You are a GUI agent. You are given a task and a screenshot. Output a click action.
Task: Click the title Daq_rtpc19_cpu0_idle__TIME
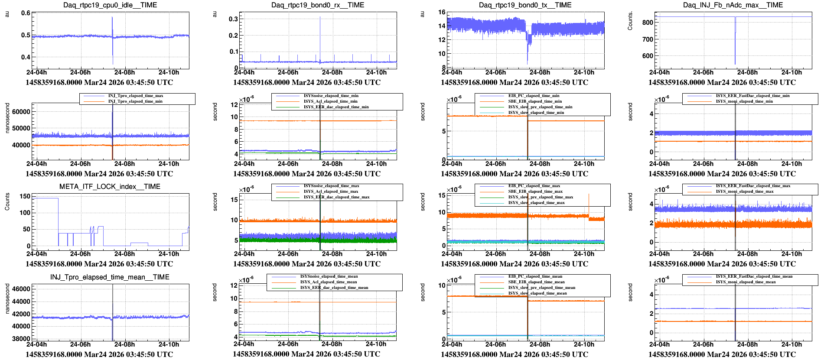110,5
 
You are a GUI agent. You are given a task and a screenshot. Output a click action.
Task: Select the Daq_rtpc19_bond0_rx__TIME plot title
318,5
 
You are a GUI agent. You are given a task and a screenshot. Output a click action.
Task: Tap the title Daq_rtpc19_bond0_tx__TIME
525,5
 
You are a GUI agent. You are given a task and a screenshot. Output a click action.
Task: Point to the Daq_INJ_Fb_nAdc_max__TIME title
733,5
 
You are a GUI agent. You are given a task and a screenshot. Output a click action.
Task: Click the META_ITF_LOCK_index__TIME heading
110,187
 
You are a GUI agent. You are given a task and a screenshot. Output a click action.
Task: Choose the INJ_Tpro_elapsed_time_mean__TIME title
110,277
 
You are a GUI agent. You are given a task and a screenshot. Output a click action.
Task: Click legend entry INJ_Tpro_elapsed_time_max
135,96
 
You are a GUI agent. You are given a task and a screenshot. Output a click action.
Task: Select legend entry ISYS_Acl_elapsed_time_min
330,101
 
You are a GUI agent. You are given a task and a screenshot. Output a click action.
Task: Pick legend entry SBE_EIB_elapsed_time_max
535,191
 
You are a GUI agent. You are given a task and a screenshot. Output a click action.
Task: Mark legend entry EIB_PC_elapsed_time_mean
535,276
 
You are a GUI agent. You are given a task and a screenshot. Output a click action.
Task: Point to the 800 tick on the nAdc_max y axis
648,23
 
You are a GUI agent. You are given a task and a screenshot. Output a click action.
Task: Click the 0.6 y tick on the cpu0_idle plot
26,13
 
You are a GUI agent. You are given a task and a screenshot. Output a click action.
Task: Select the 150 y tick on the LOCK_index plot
25,196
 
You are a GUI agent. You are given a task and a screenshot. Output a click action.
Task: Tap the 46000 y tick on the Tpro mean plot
21,289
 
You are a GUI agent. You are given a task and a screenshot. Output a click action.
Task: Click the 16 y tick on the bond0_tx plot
442,12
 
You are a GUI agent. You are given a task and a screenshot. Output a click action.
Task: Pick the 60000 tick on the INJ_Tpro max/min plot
21,112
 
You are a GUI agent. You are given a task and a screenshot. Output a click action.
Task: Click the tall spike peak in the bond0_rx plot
320,17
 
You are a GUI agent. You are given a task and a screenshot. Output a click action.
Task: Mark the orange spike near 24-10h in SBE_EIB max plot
589,195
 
